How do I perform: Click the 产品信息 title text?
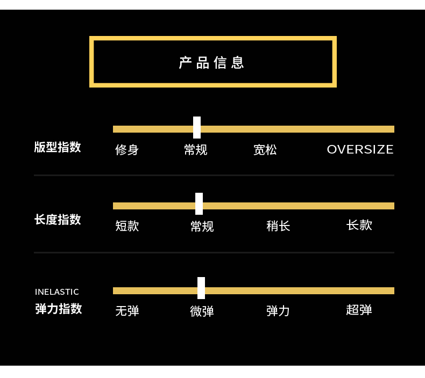(212, 63)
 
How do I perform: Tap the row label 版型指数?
(58, 147)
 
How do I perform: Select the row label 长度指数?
(58, 220)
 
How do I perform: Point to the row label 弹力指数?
(58, 309)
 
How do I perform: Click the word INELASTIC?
(57, 292)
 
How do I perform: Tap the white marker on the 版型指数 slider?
(197, 128)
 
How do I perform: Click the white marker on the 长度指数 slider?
(199, 204)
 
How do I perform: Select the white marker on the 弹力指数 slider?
(201, 288)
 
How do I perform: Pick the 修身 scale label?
(127, 150)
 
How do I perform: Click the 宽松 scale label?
(265, 150)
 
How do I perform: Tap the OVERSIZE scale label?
(360, 149)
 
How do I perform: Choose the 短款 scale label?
(127, 226)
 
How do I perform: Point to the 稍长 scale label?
(278, 226)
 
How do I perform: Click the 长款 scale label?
(359, 225)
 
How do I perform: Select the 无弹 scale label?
(127, 311)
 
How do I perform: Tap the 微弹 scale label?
(202, 311)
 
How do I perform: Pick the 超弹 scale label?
(359, 310)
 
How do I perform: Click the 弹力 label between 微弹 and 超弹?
(278, 311)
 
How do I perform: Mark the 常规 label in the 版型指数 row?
(195, 150)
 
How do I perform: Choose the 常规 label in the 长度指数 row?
(202, 227)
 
